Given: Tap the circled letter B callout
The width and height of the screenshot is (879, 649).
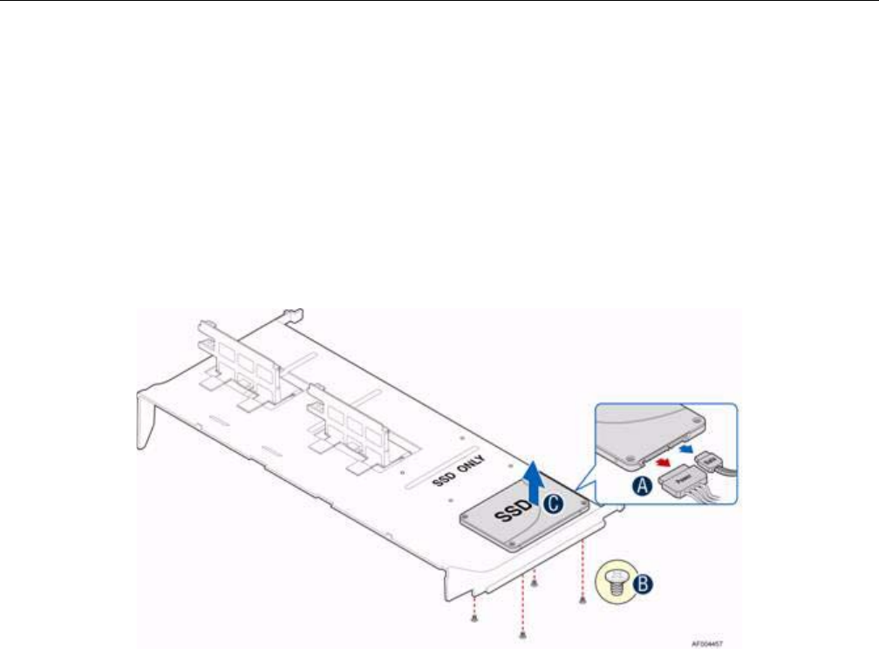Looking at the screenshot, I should click(x=641, y=585).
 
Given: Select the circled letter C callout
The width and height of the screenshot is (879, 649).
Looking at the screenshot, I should click(x=551, y=502).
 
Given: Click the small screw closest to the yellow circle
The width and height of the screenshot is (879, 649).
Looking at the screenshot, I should click(x=582, y=600).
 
